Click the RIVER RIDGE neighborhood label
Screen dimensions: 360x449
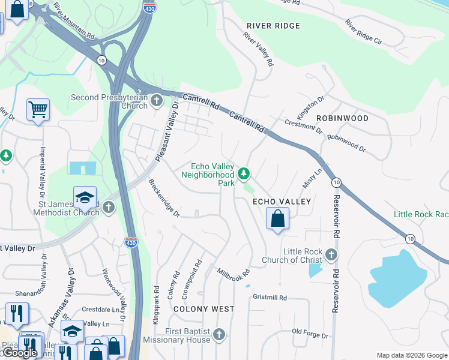point(273,26)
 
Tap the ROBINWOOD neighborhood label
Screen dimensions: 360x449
point(342,118)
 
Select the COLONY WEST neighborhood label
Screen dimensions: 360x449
point(204,309)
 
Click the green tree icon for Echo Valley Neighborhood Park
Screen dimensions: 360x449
point(244,174)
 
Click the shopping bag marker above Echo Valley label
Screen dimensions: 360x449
point(277,218)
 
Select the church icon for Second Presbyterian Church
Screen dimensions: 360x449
point(157,101)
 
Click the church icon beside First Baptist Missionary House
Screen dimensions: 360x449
point(219,335)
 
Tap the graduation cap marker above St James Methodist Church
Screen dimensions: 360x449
point(85,197)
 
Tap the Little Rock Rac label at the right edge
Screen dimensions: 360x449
point(421,214)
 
